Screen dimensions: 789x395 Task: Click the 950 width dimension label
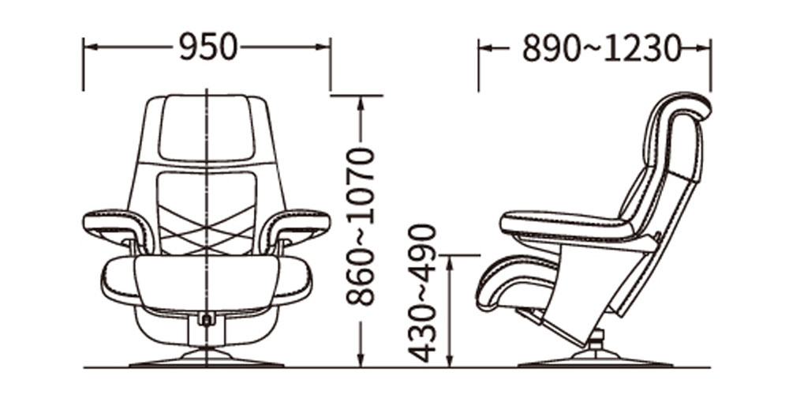pyautogui.click(x=208, y=48)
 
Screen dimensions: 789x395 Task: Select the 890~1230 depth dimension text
pyautogui.click(x=601, y=49)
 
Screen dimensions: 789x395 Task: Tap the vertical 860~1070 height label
pyautogui.click(x=361, y=226)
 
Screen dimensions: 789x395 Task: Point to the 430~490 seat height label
pyautogui.click(x=421, y=294)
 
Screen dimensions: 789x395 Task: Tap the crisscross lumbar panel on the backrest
pyautogui.click(x=207, y=213)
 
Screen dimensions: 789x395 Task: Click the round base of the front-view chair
pyautogui.click(x=207, y=359)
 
